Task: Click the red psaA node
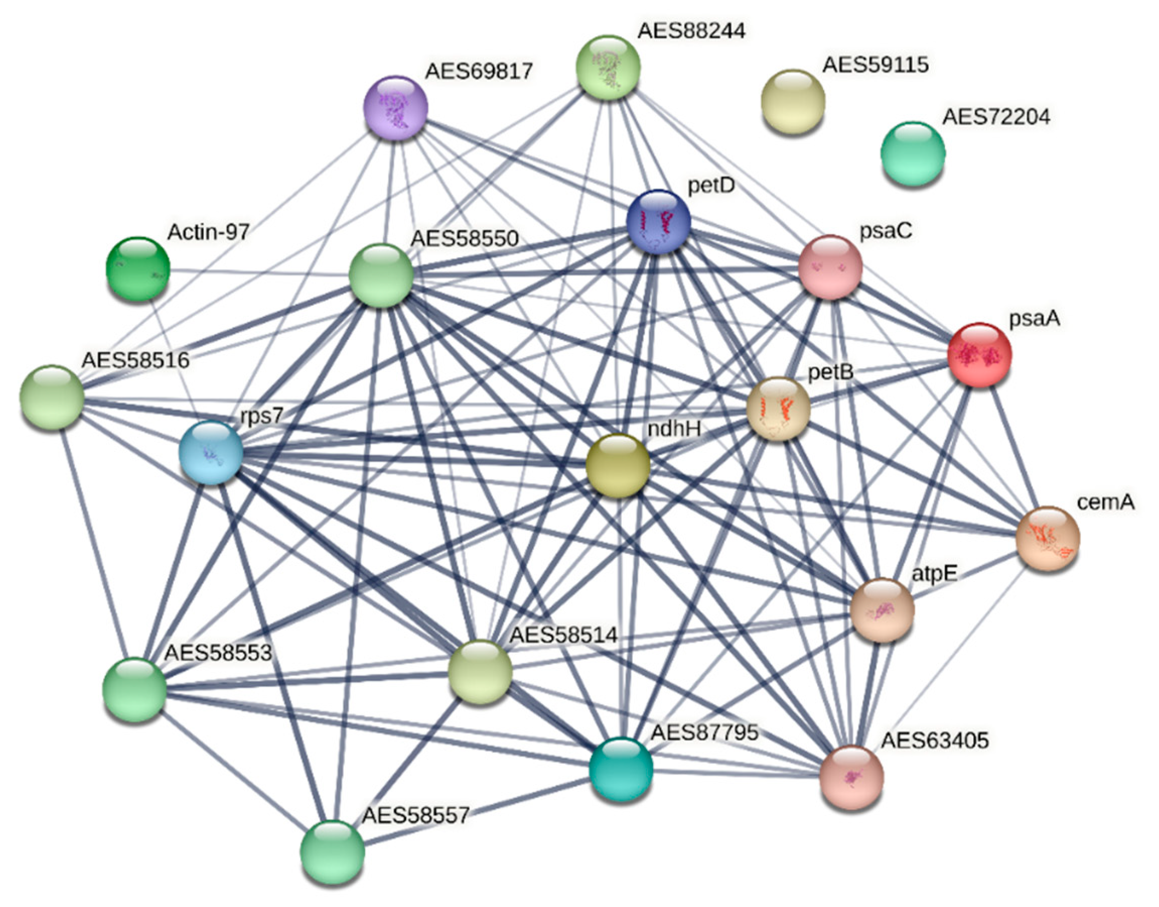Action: click(x=979, y=354)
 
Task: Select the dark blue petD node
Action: click(x=659, y=221)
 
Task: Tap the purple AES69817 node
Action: click(x=395, y=108)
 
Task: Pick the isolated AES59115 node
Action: click(x=792, y=101)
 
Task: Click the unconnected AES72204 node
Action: click(x=913, y=154)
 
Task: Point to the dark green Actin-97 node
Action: click(x=138, y=269)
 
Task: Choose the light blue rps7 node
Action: click(x=211, y=452)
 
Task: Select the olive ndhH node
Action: click(x=617, y=465)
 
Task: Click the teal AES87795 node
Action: click(x=621, y=769)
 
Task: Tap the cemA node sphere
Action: click(x=1047, y=538)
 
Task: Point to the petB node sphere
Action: click(x=778, y=408)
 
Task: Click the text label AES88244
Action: click(x=691, y=31)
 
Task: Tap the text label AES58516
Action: click(x=135, y=361)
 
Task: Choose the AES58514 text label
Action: click(x=563, y=635)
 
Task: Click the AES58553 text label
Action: click(x=218, y=653)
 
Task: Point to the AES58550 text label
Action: click(x=465, y=238)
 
